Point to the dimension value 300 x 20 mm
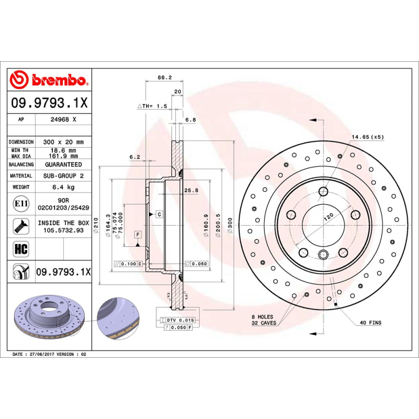pos(64,142)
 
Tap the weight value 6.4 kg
pos(63,187)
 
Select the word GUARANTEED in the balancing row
pos(63,164)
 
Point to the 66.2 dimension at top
pos(164,78)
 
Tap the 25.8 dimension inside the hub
pos(191,191)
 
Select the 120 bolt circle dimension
pos(328,216)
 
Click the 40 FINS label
pos(371,322)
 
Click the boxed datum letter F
pos(138,234)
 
